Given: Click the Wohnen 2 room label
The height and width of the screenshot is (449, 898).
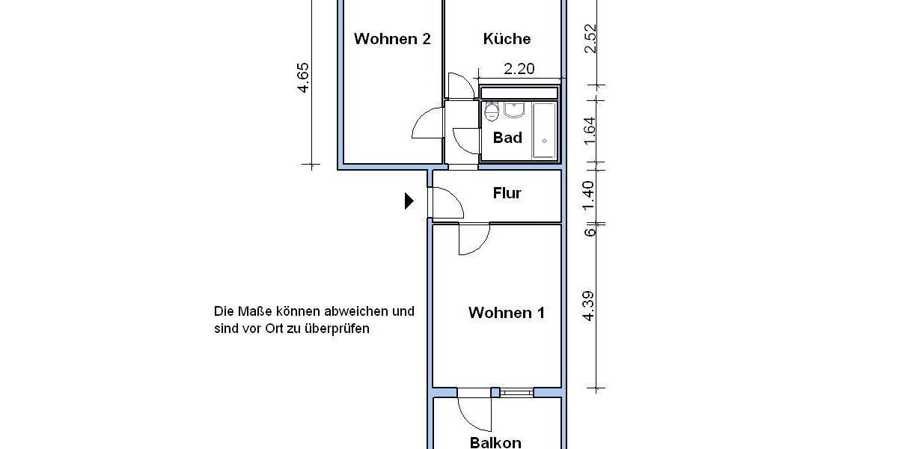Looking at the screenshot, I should click(x=392, y=39).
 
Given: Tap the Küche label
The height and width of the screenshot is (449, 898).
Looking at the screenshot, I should click(x=507, y=39).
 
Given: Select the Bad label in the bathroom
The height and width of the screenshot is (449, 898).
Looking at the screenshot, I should click(x=507, y=138).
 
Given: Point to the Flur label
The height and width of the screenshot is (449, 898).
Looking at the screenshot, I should click(x=507, y=194).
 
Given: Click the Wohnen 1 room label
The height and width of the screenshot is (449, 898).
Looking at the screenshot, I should click(x=507, y=313).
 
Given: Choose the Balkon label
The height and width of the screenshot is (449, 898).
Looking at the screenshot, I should click(x=495, y=442).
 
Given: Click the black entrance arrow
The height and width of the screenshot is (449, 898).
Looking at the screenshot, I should click(x=409, y=201).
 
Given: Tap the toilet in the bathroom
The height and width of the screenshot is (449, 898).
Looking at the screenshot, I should click(x=492, y=113).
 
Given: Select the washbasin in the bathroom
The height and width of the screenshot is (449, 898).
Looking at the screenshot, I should click(x=514, y=110).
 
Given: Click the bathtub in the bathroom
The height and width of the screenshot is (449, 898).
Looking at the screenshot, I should click(x=544, y=130).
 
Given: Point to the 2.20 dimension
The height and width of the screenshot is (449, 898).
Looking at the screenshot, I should click(x=519, y=69).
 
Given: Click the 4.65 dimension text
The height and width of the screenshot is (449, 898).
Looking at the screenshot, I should click(x=303, y=77).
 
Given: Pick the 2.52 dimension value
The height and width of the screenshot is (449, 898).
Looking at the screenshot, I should click(x=590, y=39).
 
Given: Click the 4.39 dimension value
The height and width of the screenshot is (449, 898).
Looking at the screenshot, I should click(x=590, y=305).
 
